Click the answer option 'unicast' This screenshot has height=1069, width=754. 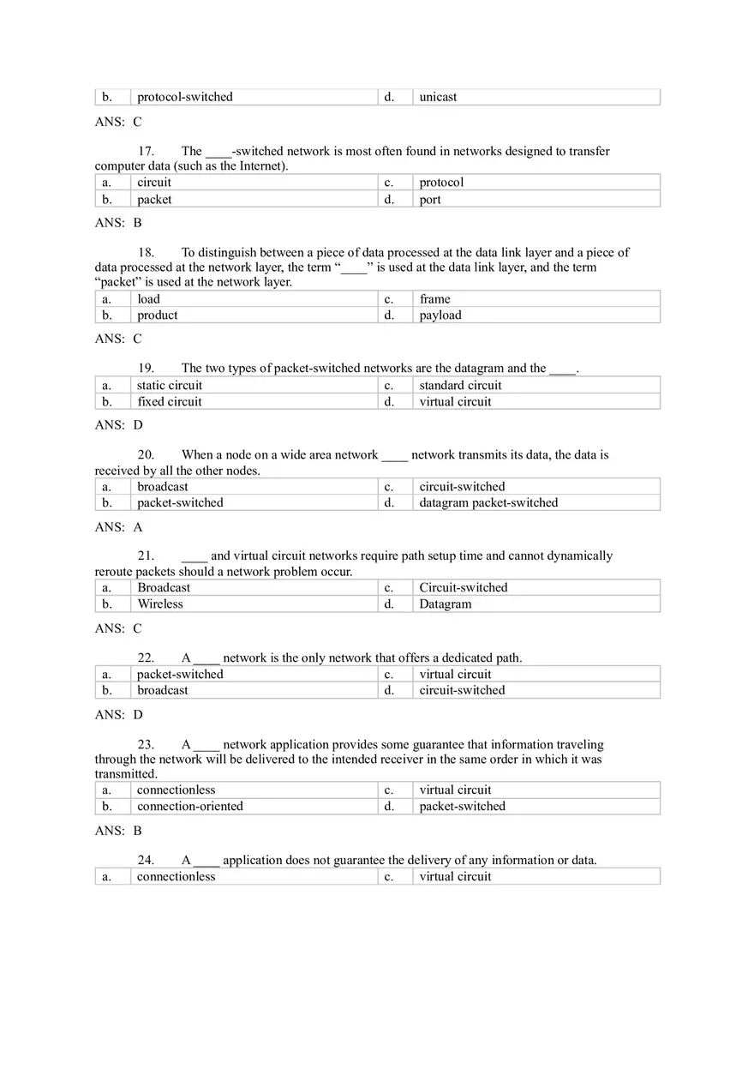(438, 97)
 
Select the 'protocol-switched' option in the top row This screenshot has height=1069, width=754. (185, 97)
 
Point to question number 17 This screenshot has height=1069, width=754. (146, 152)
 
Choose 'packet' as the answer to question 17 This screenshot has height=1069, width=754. (154, 200)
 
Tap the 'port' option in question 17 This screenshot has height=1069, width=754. (430, 200)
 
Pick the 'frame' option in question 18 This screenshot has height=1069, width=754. (434, 299)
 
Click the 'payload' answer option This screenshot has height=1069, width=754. (440, 315)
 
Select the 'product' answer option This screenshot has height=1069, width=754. (158, 315)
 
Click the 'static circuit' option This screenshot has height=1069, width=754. (170, 386)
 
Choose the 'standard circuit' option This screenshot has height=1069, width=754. (460, 386)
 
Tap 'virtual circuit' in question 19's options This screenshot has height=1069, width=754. (455, 402)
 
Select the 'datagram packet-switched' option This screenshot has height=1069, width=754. (488, 503)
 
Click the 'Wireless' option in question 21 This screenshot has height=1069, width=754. (160, 604)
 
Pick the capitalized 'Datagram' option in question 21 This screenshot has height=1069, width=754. (446, 604)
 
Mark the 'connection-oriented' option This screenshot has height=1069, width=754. (190, 807)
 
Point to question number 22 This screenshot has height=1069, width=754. (146, 658)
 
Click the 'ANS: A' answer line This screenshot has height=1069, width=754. (118, 528)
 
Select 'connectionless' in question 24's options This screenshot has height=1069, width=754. (177, 877)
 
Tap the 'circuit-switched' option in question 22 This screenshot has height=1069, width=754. (462, 691)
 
